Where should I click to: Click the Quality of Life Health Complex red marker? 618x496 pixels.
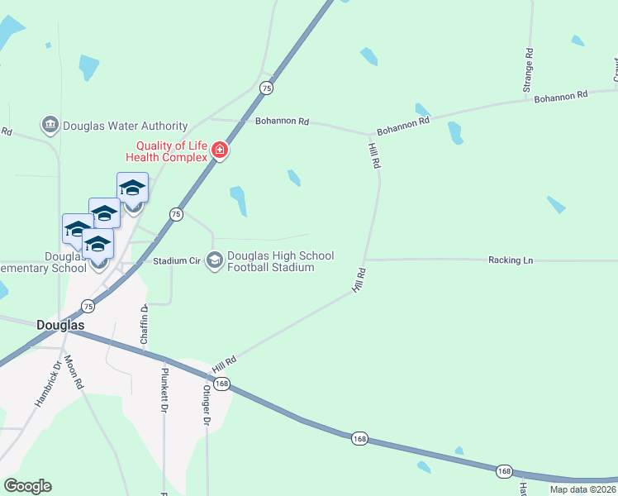(x=220, y=150)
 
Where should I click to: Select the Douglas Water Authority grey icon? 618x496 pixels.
(x=49, y=126)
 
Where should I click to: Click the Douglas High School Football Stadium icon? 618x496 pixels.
(x=215, y=261)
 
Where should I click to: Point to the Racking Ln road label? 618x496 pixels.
(x=510, y=260)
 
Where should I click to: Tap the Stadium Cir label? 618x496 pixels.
(x=177, y=261)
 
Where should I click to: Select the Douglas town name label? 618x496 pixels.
(x=60, y=326)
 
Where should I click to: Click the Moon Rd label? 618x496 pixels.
(x=74, y=372)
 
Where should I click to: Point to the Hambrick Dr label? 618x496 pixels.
(x=48, y=385)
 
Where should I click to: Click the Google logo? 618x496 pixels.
(x=27, y=486)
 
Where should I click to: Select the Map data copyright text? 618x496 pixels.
(x=582, y=489)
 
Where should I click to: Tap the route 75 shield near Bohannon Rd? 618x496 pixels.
(x=266, y=88)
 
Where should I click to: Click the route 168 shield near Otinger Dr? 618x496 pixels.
(x=221, y=384)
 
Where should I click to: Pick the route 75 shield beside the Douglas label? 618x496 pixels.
(x=88, y=306)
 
